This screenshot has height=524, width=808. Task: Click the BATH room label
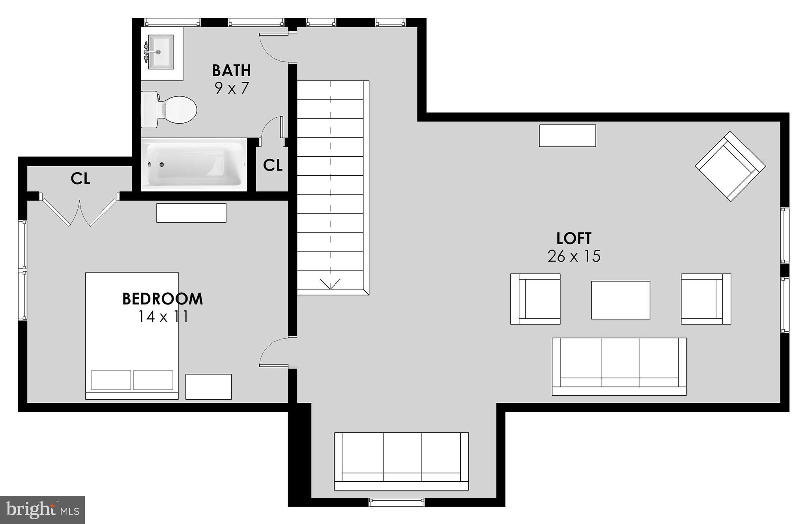(x=231, y=70)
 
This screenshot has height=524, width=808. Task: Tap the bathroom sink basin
(x=161, y=52)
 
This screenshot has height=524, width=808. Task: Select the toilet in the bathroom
(x=170, y=109)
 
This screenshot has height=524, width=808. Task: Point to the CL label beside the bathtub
(x=273, y=165)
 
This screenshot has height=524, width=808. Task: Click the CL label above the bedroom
(x=80, y=179)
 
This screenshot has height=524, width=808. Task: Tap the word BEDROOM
(x=163, y=299)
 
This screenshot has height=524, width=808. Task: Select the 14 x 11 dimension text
(x=163, y=317)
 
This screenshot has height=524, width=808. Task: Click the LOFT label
(x=574, y=239)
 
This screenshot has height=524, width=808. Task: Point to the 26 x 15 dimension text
(x=574, y=257)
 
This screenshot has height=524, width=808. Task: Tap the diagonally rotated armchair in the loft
(x=730, y=166)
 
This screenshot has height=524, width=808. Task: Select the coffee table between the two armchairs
(x=620, y=300)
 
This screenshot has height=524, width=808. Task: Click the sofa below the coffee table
(x=619, y=366)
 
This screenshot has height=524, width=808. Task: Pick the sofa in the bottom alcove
(x=401, y=461)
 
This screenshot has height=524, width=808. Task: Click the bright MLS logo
(x=43, y=510)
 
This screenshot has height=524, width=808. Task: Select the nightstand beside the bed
(x=208, y=387)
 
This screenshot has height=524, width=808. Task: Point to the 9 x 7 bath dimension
(x=232, y=88)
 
